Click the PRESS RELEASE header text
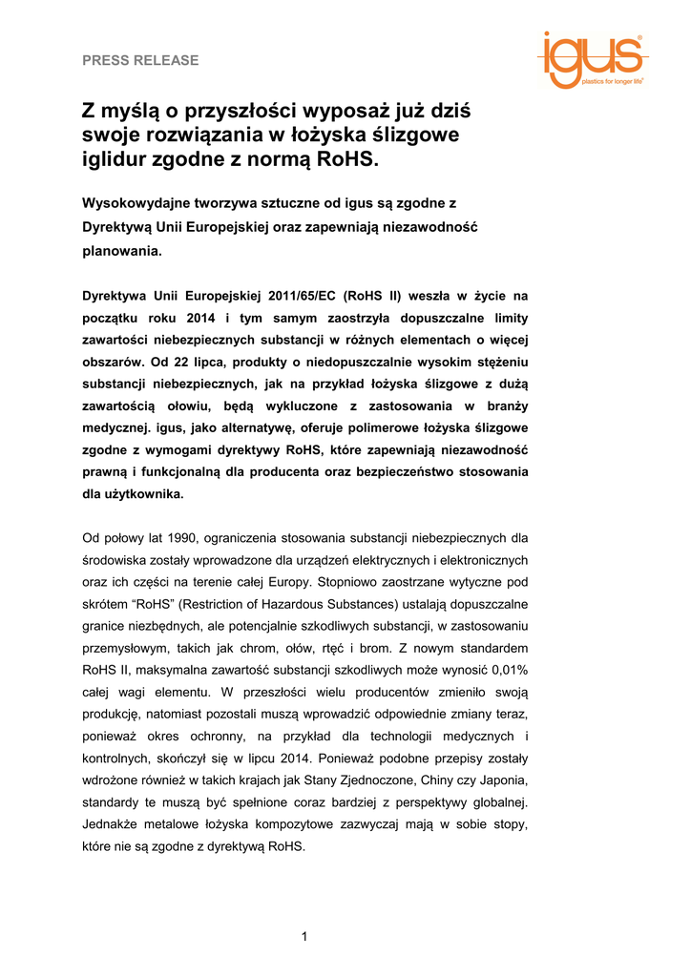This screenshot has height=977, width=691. coord(140,60)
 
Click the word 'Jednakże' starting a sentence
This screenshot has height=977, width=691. coord(113,823)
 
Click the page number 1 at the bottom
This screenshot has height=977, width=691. coord(304,936)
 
